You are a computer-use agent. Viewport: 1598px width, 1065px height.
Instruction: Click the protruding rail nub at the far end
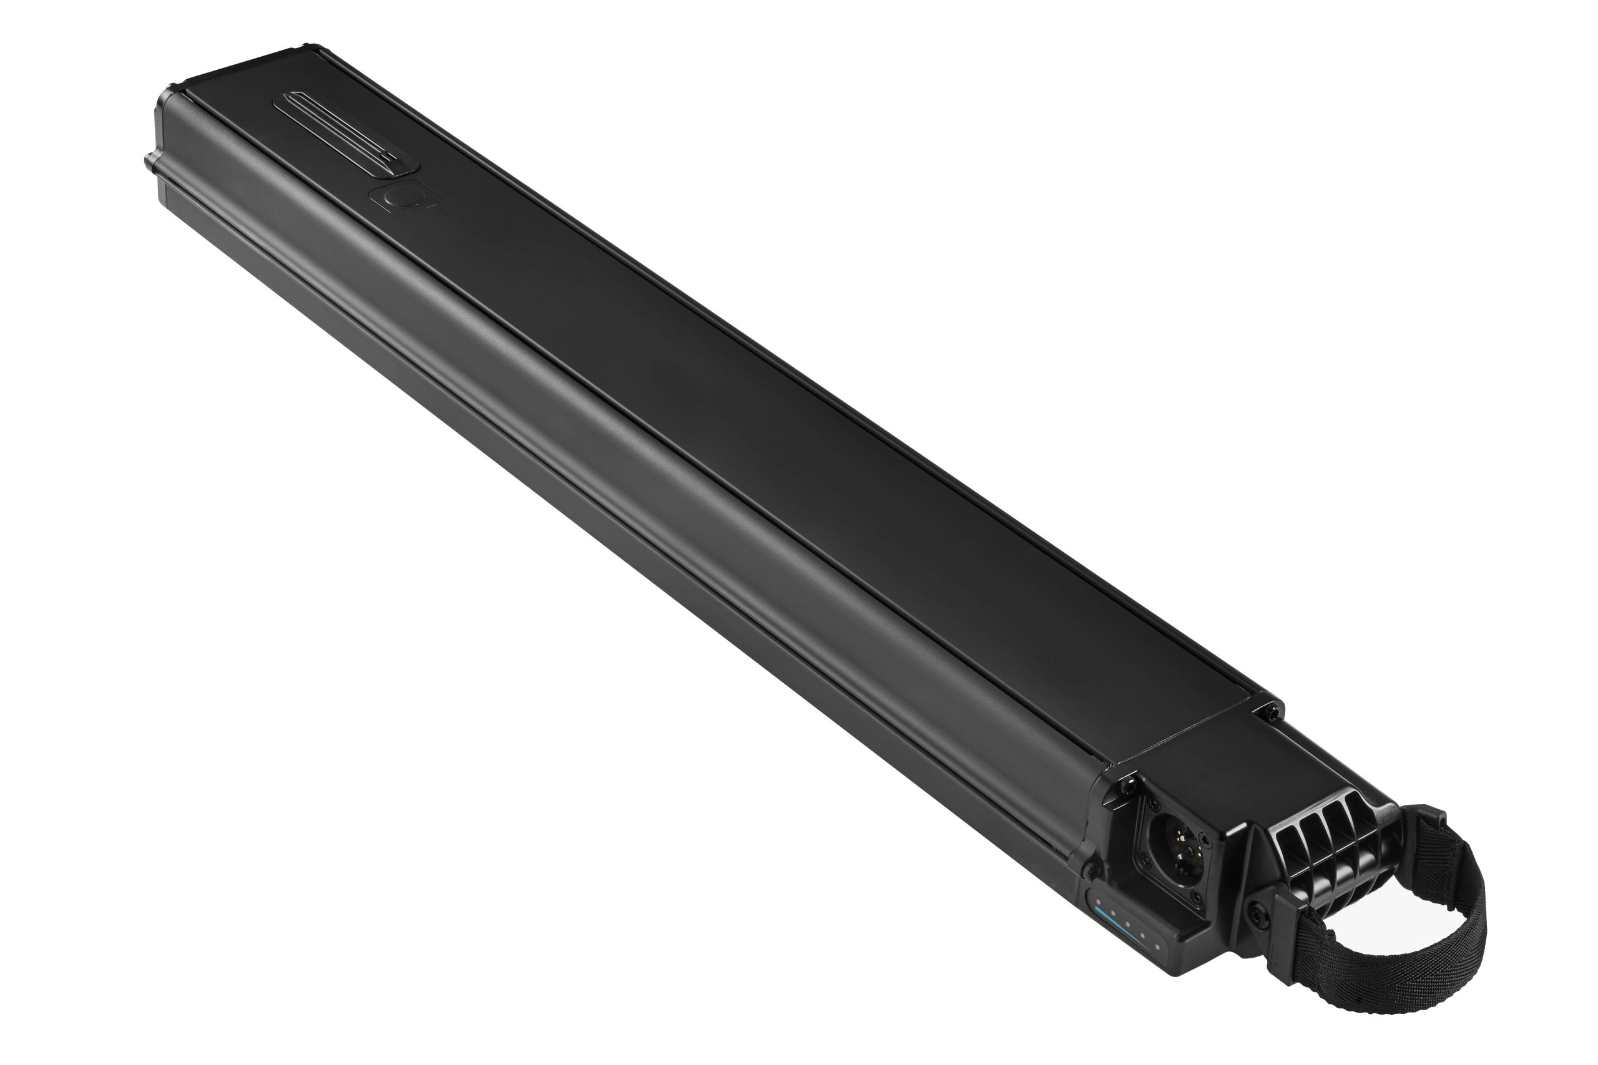point(147,162)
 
